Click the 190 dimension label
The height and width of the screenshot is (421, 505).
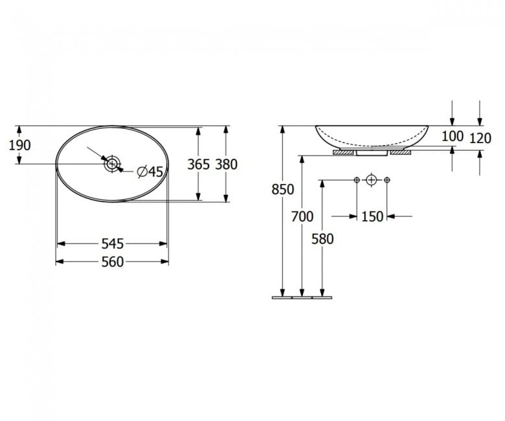point(19,145)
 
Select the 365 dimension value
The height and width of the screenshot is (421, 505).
point(198,165)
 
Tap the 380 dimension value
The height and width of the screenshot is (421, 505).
point(227,165)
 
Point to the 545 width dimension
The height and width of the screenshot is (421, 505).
point(113,244)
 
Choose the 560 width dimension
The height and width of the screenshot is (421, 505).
point(113,262)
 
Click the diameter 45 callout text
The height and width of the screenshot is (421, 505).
point(150,172)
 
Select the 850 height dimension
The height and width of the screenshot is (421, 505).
point(283,189)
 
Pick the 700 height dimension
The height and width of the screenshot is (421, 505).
point(302,216)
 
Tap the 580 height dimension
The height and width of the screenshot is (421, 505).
point(322,239)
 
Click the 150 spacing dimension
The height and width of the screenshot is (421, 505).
point(372,216)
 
